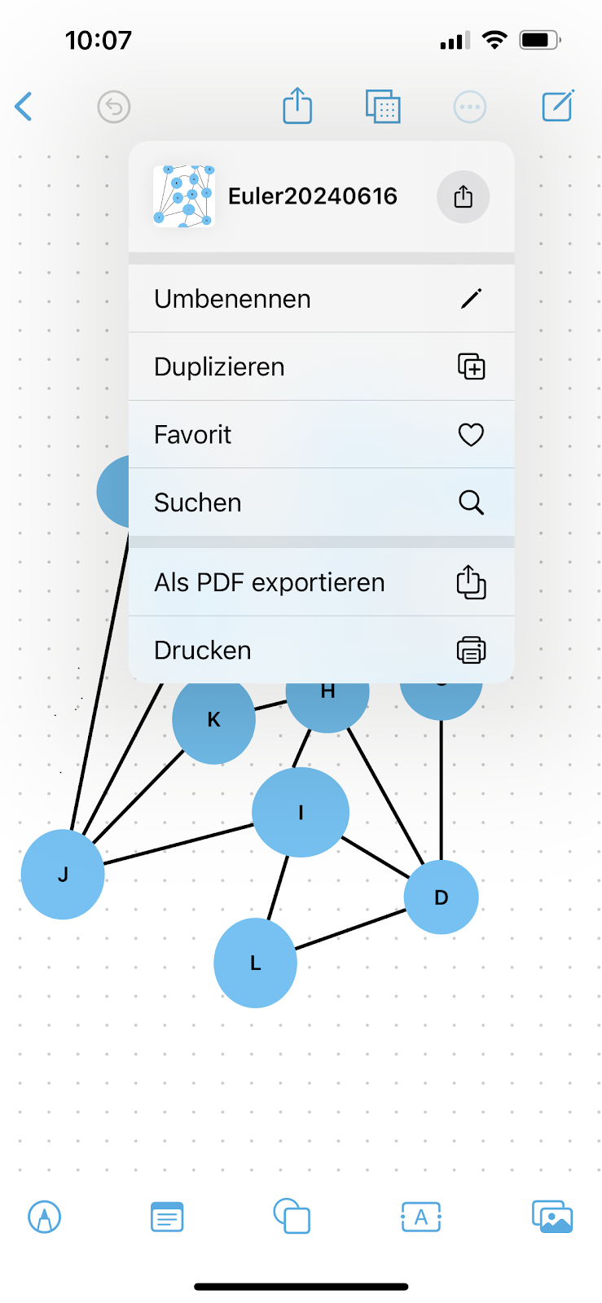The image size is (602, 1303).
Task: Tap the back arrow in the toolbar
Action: pos(24,107)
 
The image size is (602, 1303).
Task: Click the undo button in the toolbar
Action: pos(114,107)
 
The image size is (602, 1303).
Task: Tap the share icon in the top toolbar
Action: pos(297,106)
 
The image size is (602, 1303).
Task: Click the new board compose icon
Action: pos(558,106)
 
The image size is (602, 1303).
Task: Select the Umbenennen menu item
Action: pos(232,299)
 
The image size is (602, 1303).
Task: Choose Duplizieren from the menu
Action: pos(219,367)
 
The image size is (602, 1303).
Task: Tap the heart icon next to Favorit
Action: pos(471,435)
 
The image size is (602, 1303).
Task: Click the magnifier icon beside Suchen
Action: pos(471,502)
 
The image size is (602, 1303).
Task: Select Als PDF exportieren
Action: pos(269,583)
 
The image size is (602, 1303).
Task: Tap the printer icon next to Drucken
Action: pos(471,650)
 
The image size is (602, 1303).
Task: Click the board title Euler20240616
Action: pos(313,196)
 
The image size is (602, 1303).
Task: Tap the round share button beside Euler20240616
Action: pos(463,197)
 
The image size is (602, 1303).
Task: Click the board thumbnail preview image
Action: pos(184,196)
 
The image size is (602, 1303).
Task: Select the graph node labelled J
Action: pos(63,875)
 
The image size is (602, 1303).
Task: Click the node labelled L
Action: pos(255,963)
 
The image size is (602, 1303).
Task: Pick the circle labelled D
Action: pos(442,897)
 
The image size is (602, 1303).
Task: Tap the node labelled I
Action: pos(301,812)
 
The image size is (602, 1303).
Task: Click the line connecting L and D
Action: pos(350,929)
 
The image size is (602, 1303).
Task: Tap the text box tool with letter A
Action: pos(421,1217)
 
